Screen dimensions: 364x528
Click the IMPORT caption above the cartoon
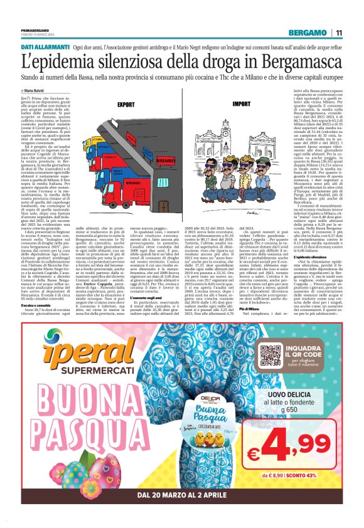[240, 105]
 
